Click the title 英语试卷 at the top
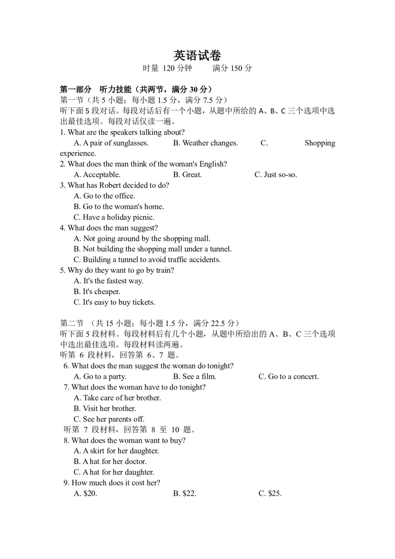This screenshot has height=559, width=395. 197,55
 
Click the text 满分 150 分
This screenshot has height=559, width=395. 232,68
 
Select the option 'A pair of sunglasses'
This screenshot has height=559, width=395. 111,143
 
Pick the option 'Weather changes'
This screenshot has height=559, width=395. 205,143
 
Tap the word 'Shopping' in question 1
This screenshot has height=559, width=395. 320,143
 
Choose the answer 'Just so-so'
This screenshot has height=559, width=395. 276,175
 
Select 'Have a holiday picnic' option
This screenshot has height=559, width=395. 114,217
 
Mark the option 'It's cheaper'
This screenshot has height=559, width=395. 97,292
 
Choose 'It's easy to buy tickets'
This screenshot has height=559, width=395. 114,302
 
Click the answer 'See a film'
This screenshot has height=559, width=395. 195,377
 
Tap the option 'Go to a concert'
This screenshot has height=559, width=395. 288,377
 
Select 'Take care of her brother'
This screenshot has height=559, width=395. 117,398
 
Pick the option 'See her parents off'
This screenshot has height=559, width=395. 109,419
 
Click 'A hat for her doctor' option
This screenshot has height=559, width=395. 110,462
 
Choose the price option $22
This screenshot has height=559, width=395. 185,494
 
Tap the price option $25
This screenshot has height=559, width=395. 270,494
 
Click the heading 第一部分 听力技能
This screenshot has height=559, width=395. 97,89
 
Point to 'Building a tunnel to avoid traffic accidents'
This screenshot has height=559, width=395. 147,260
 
